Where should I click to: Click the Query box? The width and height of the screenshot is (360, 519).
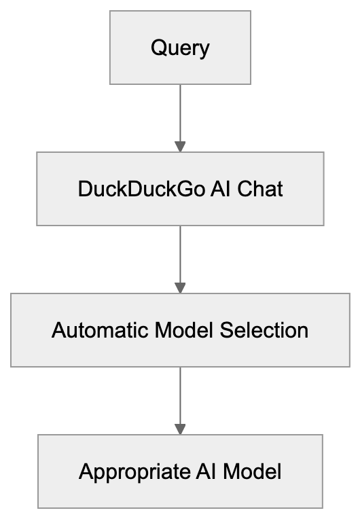coord(180,48)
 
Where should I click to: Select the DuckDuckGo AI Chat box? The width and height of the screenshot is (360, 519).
coord(180,188)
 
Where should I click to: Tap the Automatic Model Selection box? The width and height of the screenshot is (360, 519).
coord(180,330)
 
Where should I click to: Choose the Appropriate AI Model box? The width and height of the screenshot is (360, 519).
coord(180,471)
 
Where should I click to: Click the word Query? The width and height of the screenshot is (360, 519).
coord(180,48)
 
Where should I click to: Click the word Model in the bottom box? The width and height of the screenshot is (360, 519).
coord(251,472)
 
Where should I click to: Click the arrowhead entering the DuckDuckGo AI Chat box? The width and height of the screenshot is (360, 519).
coord(180,146)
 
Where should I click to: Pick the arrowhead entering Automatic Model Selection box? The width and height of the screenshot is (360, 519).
coord(180,287)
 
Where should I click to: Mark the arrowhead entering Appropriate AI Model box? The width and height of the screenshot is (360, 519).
coord(180,429)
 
